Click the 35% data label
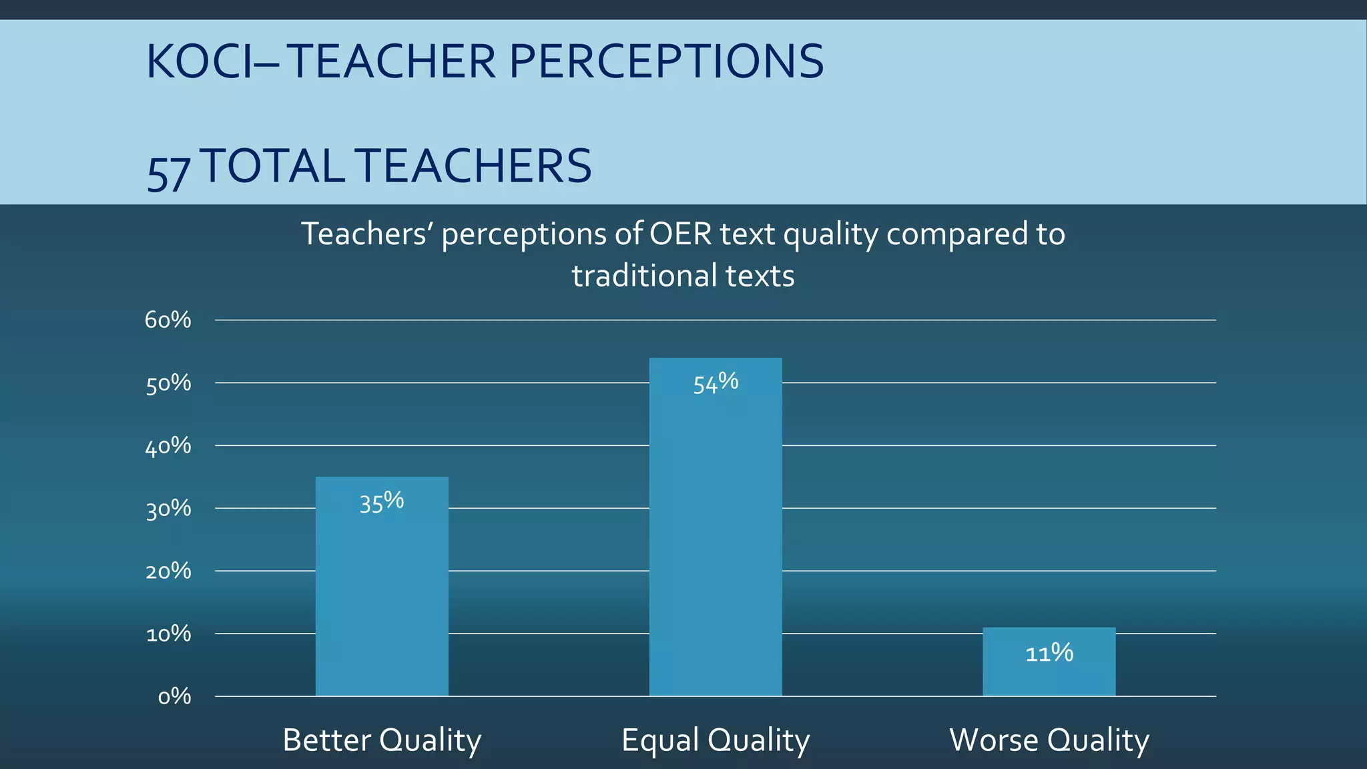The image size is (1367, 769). coord(382,502)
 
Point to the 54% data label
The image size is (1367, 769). coord(716,383)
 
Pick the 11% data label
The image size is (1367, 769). coord(1049,652)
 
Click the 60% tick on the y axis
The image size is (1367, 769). coord(168,320)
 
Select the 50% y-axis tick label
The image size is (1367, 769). coord(168,383)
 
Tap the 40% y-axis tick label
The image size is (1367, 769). coord(168,446)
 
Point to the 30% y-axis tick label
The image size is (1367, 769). coord(168,509)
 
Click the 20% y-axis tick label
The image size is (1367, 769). coord(168,571)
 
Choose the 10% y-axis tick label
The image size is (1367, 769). coord(168,634)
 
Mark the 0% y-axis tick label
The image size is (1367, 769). coord(174,697)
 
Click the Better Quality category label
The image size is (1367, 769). coord(382,740)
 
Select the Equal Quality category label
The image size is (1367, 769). coord(716,740)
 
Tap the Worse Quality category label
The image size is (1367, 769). coord(1049,740)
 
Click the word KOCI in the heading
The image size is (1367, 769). coord(200,62)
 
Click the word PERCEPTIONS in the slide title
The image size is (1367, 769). coord(666,62)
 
